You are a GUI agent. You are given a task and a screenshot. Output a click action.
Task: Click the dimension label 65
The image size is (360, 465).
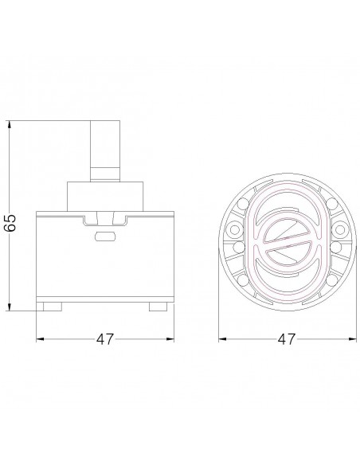tap(10, 222)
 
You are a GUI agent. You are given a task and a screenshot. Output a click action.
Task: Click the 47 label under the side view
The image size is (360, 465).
tap(105, 339)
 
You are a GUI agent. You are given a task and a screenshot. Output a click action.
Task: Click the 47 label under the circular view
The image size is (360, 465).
tap(287, 339)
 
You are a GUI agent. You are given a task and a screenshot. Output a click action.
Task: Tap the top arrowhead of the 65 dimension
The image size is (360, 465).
tap(10, 124)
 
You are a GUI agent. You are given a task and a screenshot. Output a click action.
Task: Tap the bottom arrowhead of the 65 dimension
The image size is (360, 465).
tap(10, 307)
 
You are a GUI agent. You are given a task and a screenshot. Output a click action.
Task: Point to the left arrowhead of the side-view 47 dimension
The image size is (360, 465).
tap(40, 339)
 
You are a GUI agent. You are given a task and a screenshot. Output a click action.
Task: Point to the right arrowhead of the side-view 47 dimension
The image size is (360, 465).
tap(170, 339)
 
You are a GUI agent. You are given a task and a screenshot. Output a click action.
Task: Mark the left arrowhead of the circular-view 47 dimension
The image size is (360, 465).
tap(222, 339)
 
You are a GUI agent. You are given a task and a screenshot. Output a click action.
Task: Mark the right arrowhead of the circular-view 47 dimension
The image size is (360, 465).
tap(353, 339)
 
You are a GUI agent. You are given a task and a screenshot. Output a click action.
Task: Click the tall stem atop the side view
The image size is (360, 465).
tap(105, 151)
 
